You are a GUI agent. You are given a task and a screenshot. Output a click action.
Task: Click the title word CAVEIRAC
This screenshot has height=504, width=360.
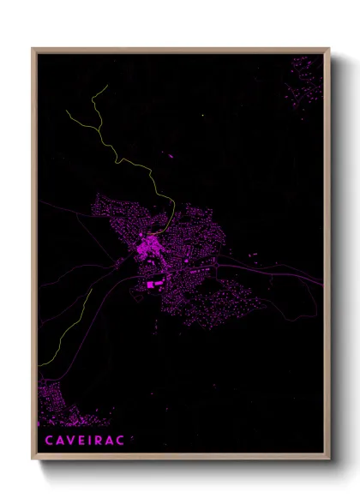84,440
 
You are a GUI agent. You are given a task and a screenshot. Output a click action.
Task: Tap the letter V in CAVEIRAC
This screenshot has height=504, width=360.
68,440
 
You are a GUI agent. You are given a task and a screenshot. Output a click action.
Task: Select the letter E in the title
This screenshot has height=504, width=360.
81,440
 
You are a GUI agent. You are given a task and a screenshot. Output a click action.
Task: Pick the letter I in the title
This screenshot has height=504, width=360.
91,440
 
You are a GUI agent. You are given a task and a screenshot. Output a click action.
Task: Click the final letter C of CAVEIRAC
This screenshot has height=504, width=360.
122,440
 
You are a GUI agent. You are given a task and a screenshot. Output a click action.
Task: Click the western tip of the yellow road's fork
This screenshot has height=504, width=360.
66,110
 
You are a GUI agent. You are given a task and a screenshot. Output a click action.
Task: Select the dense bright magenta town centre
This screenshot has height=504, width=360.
148,248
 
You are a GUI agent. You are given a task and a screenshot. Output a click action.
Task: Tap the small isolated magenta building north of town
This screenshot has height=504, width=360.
169,156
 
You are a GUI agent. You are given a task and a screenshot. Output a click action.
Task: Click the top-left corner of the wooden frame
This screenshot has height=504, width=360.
33,49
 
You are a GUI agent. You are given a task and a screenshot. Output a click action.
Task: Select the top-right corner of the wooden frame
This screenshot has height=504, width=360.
329,49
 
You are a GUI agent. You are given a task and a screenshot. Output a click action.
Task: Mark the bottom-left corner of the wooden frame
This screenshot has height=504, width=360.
33,459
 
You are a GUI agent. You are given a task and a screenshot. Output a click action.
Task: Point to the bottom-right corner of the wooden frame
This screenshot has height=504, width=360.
329,459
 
